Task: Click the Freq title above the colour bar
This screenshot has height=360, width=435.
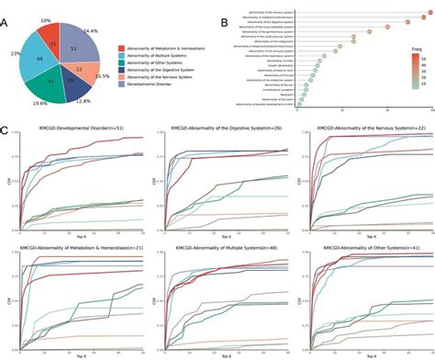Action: pos(406,54)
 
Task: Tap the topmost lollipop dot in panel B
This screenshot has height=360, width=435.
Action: pos(419,8)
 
